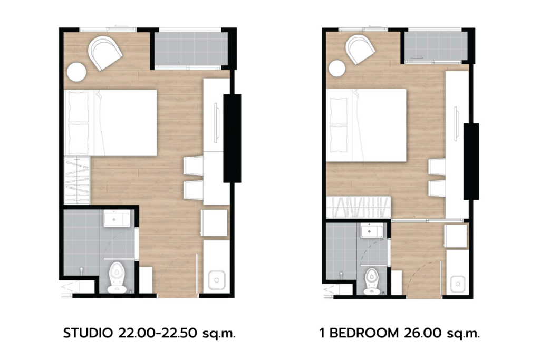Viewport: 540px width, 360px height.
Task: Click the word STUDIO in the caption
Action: pos(88,333)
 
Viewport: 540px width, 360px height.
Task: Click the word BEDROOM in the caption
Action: pos(364,333)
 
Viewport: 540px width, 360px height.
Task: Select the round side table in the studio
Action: pos(76,72)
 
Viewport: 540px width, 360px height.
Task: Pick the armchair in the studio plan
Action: pos(105,53)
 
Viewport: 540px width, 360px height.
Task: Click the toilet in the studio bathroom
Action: pos(117,277)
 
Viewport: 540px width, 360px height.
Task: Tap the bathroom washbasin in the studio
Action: pos(117,219)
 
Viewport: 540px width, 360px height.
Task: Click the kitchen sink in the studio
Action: pos(217,280)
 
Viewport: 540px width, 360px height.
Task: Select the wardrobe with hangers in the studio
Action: pos(77,181)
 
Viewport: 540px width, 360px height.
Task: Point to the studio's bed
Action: pos(111,123)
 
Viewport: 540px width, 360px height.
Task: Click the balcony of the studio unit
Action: pos(191,48)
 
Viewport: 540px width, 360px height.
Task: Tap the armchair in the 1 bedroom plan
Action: pos(360,50)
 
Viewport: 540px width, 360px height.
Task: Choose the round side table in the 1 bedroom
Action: pos(337,69)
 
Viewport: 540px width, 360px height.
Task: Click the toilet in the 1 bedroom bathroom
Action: pos(372,281)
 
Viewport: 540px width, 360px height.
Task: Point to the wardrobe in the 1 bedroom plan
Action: pos(359,207)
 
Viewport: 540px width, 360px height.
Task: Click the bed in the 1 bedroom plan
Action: pos(367,125)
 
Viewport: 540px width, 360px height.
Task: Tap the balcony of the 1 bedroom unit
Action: pos(436,46)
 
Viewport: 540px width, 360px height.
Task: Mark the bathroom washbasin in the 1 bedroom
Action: pos(372,230)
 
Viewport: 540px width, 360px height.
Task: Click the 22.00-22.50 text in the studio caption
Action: pos(158,333)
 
